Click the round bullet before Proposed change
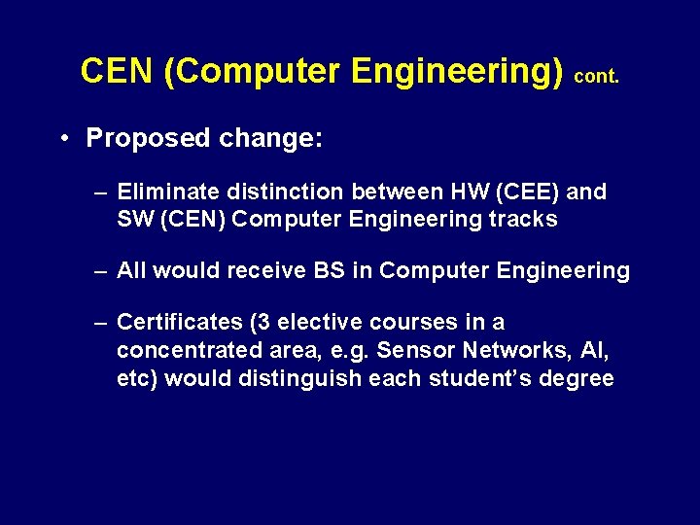point(60,138)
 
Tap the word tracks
point(524,219)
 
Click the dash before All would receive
point(100,271)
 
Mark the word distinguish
point(300,378)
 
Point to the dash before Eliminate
point(100,192)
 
